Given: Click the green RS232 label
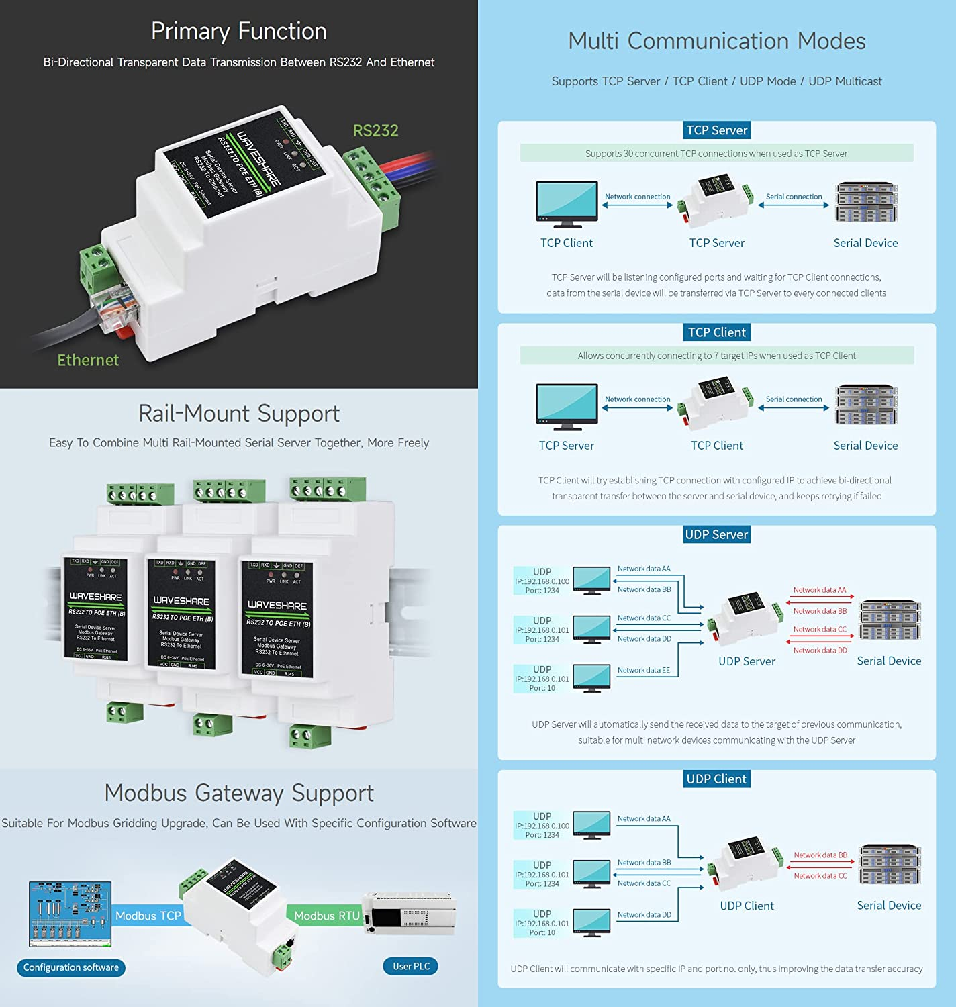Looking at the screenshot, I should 375,130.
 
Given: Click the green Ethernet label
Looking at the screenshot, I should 88,360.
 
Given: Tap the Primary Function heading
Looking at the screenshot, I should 238,31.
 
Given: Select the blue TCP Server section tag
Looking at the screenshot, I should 716,130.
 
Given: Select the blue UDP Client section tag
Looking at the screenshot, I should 716,779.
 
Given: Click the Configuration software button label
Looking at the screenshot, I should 71,967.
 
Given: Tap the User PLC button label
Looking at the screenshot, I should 411,966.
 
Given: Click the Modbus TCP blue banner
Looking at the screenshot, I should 148,916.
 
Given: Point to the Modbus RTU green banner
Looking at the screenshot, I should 327,916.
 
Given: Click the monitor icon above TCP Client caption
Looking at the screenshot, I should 567,203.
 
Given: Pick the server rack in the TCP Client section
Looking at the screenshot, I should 866,405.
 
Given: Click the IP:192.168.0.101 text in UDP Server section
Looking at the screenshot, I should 542,630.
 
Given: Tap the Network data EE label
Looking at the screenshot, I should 643,670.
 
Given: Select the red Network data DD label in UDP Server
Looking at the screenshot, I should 820,650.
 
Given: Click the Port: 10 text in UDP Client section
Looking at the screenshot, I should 542,932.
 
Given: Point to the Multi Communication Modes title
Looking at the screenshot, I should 716,41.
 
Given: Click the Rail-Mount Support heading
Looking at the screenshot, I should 238,414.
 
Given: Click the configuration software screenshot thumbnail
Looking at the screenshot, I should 70,914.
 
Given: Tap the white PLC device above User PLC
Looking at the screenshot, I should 410,913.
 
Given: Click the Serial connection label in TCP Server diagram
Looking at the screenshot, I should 794,197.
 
